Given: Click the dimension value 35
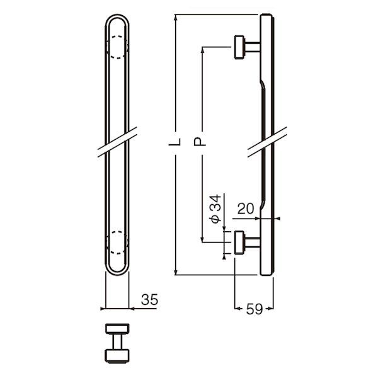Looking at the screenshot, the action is [x=149, y=300].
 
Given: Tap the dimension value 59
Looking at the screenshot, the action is [x=254, y=309].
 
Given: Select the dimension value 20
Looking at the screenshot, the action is [x=246, y=209].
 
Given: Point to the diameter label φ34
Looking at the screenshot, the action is [x=215, y=209].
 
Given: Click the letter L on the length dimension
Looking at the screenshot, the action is [x=175, y=142].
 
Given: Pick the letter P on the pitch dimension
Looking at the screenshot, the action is [x=199, y=142].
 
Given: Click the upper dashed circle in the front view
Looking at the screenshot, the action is [x=117, y=47].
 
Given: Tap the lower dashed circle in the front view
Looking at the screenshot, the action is [x=117, y=243].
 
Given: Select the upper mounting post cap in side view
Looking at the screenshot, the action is [x=239, y=47].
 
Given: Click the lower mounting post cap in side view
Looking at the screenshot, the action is [x=239, y=243].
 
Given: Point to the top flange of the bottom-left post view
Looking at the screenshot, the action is [x=117, y=329].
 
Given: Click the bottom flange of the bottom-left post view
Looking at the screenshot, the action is [x=117, y=356].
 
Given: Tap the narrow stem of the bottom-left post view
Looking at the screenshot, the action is [x=117, y=341].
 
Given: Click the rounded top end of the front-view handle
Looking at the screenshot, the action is [x=117, y=15].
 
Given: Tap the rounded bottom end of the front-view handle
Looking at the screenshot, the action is [x=117, y=274].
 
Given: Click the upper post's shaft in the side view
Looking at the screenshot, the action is [x=252, y=47].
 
